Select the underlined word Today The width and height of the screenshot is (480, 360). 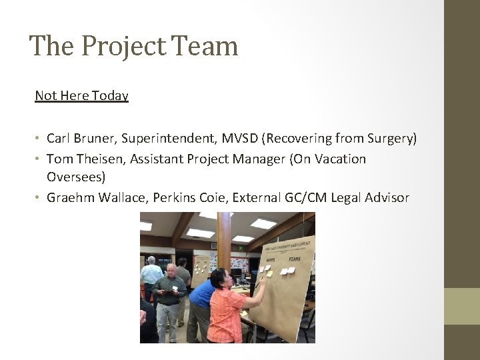(x=110, y=96)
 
